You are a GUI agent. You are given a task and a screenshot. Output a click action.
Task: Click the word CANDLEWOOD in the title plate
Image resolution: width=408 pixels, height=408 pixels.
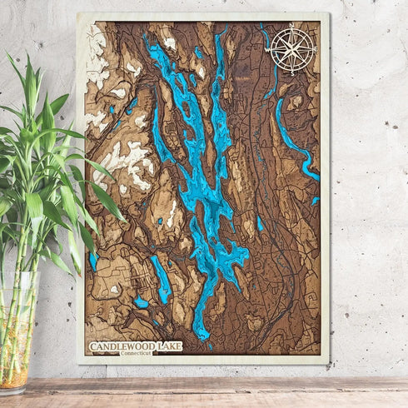click(x=121, y=345)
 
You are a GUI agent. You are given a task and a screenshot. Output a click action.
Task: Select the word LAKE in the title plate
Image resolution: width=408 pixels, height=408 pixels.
click(x=162, y=345)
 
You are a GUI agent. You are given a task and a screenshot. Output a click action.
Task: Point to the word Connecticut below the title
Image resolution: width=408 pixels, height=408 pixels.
click(x=137, y=353)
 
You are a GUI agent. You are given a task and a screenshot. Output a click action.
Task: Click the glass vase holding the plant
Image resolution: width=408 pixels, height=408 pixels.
click(x=17, y=333)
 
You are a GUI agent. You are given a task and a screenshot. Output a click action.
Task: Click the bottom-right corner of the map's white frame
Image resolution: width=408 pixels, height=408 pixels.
click(x=328, y=363)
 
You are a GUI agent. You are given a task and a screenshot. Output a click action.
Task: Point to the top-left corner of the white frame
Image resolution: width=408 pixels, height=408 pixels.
click(x=78, y=14)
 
